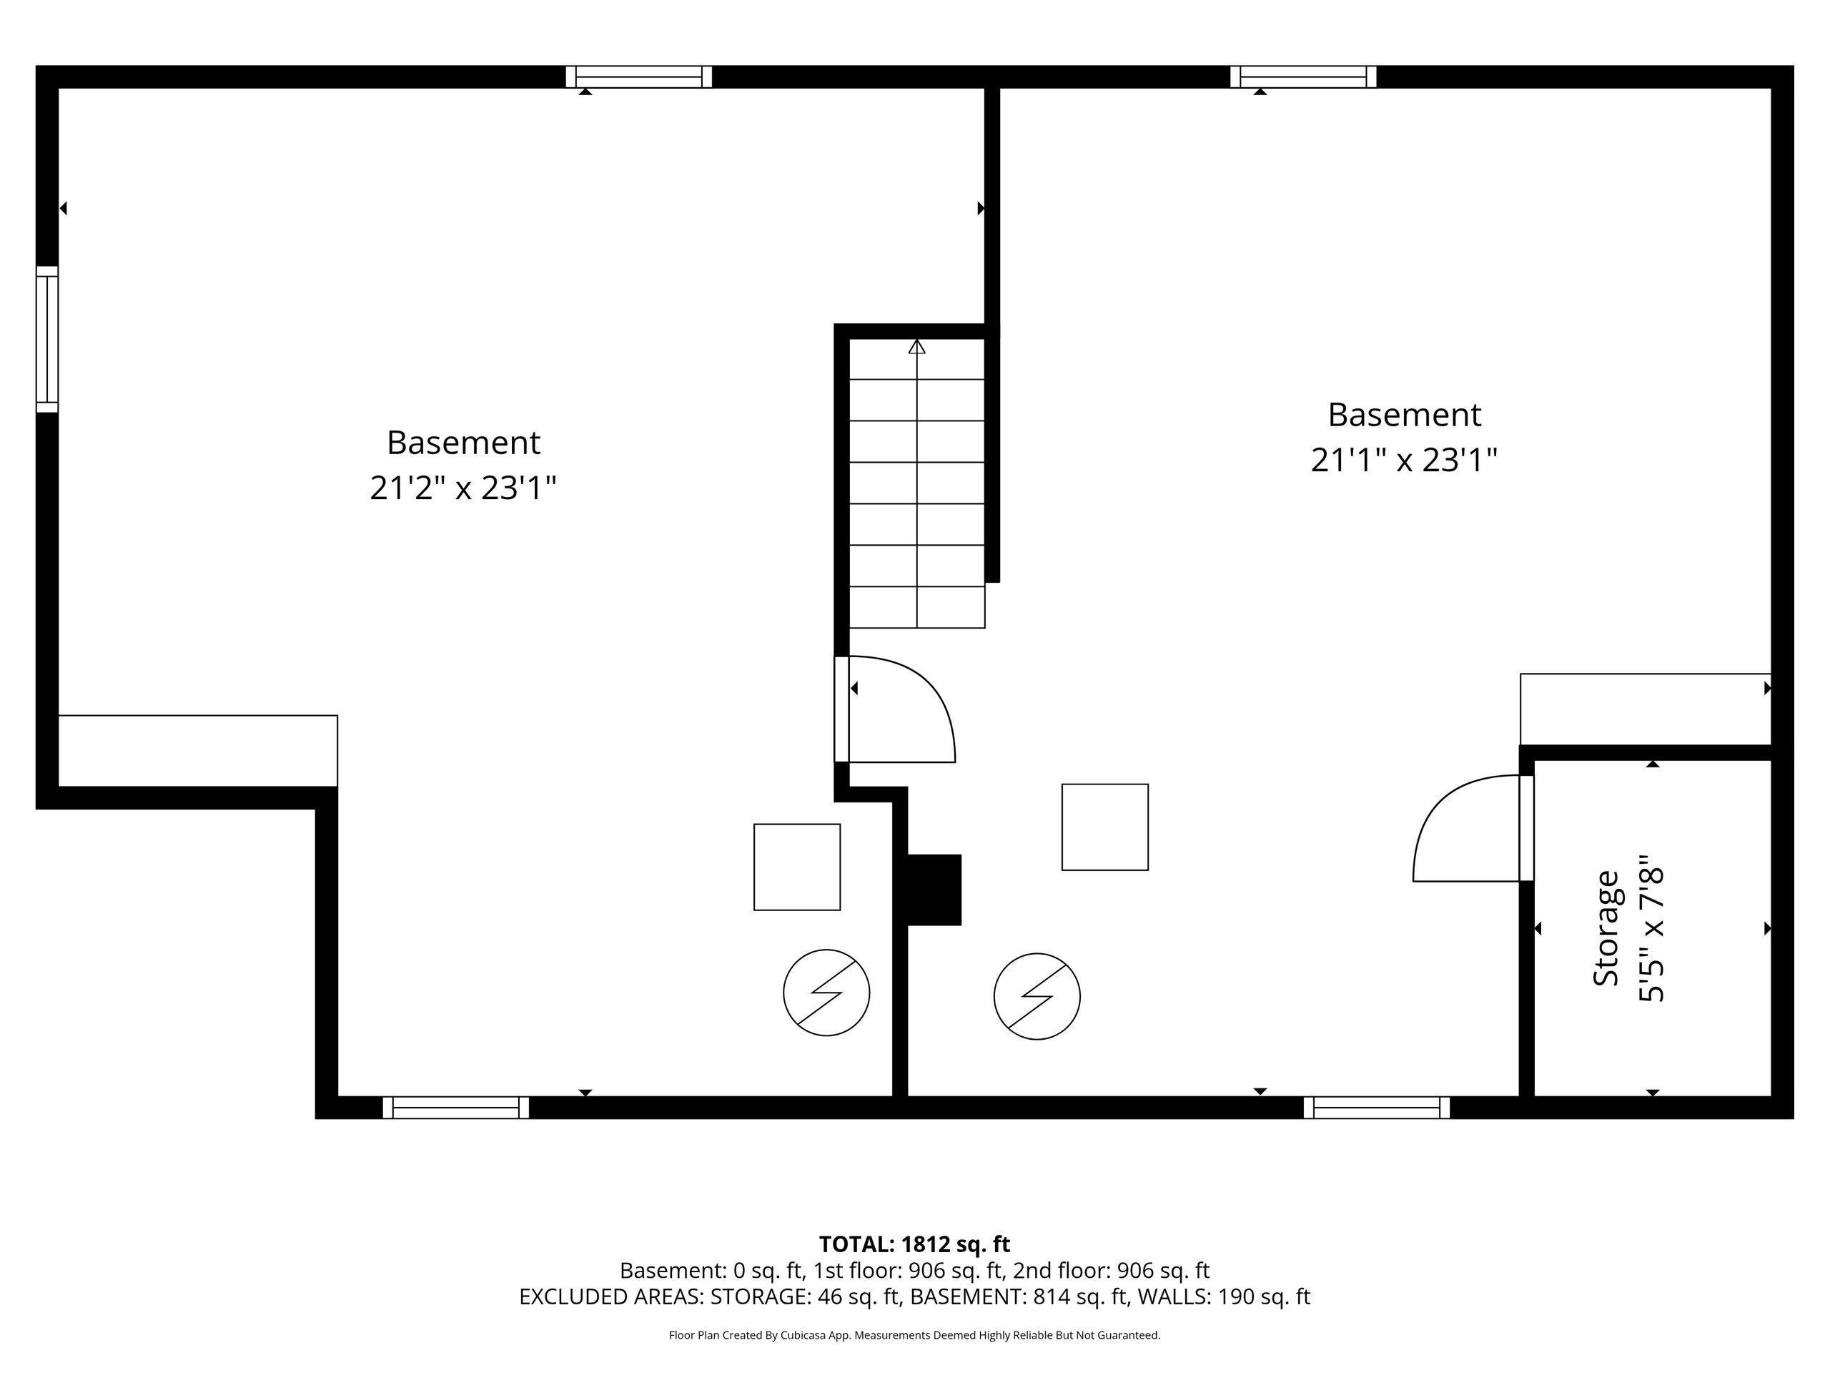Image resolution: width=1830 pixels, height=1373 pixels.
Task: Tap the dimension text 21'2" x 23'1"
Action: [463, 488]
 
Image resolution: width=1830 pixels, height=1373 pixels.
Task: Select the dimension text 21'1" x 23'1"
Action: [1404, 460]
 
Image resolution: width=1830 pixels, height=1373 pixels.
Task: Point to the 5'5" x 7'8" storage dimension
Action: [1651, 929]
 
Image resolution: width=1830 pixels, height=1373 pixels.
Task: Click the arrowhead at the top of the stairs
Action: [916, 347]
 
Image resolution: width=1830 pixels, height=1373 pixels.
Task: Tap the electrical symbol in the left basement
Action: [826, 993]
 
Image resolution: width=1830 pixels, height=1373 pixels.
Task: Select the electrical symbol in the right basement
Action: [1037, 996]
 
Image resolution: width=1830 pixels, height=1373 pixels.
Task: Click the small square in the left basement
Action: [797, 867]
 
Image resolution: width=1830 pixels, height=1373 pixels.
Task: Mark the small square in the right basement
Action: [1104, 827]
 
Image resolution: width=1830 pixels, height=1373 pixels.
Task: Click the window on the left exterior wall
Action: [47, 340]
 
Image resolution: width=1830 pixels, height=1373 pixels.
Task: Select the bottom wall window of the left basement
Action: [456, 1107]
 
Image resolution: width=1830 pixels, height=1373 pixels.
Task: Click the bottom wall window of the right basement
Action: [1377, 1107]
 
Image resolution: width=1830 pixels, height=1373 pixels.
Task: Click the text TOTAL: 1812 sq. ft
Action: [914, 1244]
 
